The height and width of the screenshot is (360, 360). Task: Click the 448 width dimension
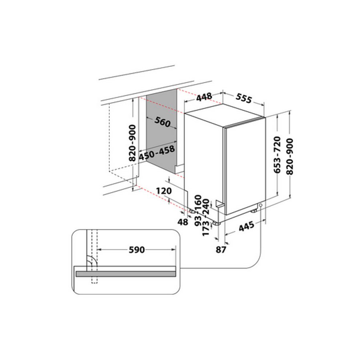pos(204,97)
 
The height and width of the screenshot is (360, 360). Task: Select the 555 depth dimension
pos(244,98)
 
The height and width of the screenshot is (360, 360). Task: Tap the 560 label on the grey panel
pos(162,122)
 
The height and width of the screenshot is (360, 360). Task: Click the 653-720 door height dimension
pos(278,155)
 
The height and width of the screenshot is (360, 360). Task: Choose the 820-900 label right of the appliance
pos(290,157)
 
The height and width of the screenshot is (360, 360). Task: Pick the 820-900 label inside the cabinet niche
pos(133,143)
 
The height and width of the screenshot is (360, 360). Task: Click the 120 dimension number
pos(164,191)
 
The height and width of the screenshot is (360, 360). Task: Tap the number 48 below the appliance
pos(183,222)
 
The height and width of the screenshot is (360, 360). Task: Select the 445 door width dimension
pos(246,226)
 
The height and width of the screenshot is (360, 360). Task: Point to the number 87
pos(221,249)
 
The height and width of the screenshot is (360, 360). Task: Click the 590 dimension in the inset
pos(137,250)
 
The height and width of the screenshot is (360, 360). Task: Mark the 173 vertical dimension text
pos(206,228)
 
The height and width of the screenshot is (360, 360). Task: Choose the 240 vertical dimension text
pos(206,207)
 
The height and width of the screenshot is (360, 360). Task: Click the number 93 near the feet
pos(198,220)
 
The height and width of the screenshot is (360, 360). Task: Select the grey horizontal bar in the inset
pos(126,274)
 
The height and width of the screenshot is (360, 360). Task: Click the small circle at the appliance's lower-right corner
pos(261,205)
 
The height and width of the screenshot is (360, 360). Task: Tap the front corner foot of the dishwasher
pos(216,223)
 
